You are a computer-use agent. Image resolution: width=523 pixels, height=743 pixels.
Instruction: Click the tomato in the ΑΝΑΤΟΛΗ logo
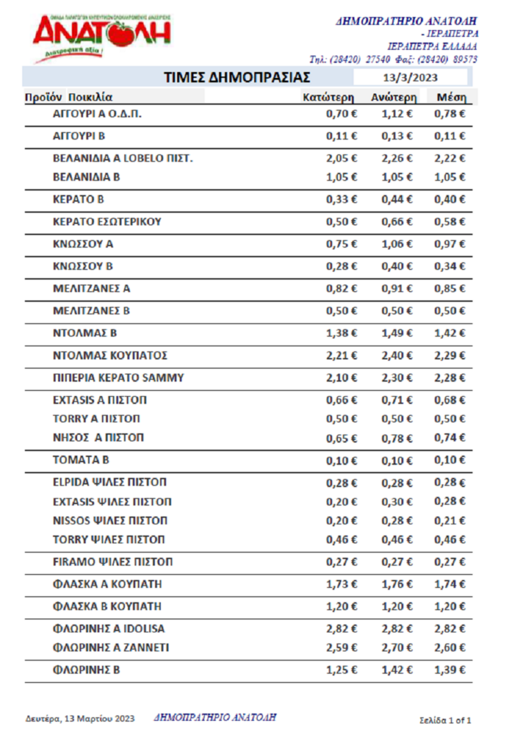click(121, 34)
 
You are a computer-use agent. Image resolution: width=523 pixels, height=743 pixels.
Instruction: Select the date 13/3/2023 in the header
click(410, 78)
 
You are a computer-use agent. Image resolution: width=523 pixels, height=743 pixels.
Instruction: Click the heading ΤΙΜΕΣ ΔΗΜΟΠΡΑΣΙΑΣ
click(237, 77)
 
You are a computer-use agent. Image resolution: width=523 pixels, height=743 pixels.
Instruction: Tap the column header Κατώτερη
click(328, 97)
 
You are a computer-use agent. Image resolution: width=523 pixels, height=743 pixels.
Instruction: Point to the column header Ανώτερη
click(394, 97)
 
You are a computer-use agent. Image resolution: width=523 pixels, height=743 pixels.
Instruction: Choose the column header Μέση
click(451, 97)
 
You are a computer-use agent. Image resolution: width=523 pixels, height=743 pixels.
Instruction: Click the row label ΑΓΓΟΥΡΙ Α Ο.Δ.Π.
click(97, 114)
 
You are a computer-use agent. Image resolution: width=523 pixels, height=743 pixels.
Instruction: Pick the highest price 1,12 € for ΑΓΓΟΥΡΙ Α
click(397, 114)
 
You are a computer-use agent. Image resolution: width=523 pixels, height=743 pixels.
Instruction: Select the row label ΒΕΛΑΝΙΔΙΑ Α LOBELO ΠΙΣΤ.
click(122, 158)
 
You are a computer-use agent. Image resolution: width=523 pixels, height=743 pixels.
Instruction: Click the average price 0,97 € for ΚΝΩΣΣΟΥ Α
click(449, 244)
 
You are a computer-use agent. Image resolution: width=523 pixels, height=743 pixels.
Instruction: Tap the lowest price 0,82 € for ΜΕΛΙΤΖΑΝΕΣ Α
click(341, 288)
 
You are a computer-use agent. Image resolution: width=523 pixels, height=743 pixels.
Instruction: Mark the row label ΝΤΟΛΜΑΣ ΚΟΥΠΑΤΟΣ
click(110, 356)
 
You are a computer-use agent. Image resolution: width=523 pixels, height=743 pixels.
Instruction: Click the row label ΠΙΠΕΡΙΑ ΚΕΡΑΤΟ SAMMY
click(118, 378)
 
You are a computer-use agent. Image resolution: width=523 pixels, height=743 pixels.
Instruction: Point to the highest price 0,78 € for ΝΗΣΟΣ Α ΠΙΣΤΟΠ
click(397, 438)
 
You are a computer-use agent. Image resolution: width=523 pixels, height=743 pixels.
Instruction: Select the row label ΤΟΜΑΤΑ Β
click(81, 460)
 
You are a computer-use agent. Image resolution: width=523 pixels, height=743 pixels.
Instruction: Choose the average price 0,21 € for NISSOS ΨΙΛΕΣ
click(449, 520)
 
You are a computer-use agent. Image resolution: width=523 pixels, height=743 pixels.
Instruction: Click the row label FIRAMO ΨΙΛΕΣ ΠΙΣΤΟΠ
click(112, 562)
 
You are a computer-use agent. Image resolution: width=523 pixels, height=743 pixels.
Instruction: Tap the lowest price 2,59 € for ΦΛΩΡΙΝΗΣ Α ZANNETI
click(341, 647)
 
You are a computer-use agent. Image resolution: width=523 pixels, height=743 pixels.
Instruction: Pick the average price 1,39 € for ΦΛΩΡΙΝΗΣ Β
click(449, 670)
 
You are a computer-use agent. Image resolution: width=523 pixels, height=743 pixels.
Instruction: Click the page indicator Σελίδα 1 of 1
click(445, 720)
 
